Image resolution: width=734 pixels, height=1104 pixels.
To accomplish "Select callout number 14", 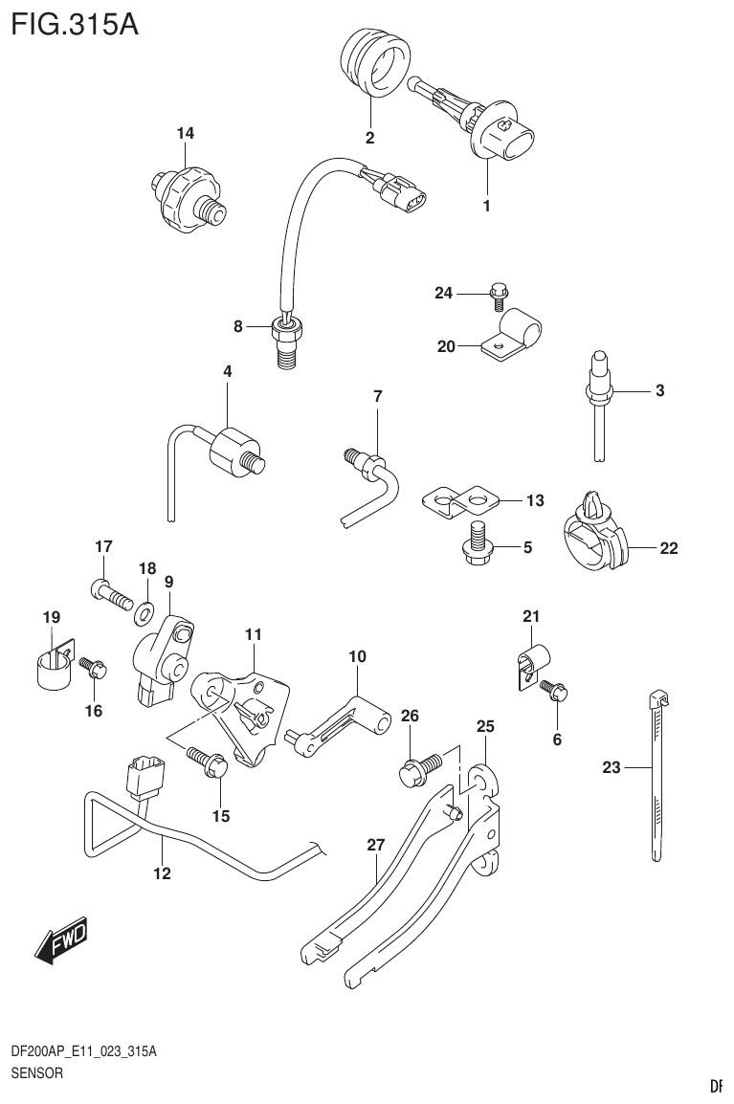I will [x=185, y=134].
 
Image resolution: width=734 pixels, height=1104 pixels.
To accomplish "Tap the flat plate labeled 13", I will [x=460, y=501].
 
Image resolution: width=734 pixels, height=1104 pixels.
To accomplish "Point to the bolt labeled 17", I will [x=110, y=598].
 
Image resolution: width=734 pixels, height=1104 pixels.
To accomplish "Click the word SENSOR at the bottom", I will [x=36, y=1073].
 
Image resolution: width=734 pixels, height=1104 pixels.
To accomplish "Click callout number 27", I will [x=375, y=845].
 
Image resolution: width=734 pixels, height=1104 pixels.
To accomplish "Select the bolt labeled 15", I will [x=209, y=761].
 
